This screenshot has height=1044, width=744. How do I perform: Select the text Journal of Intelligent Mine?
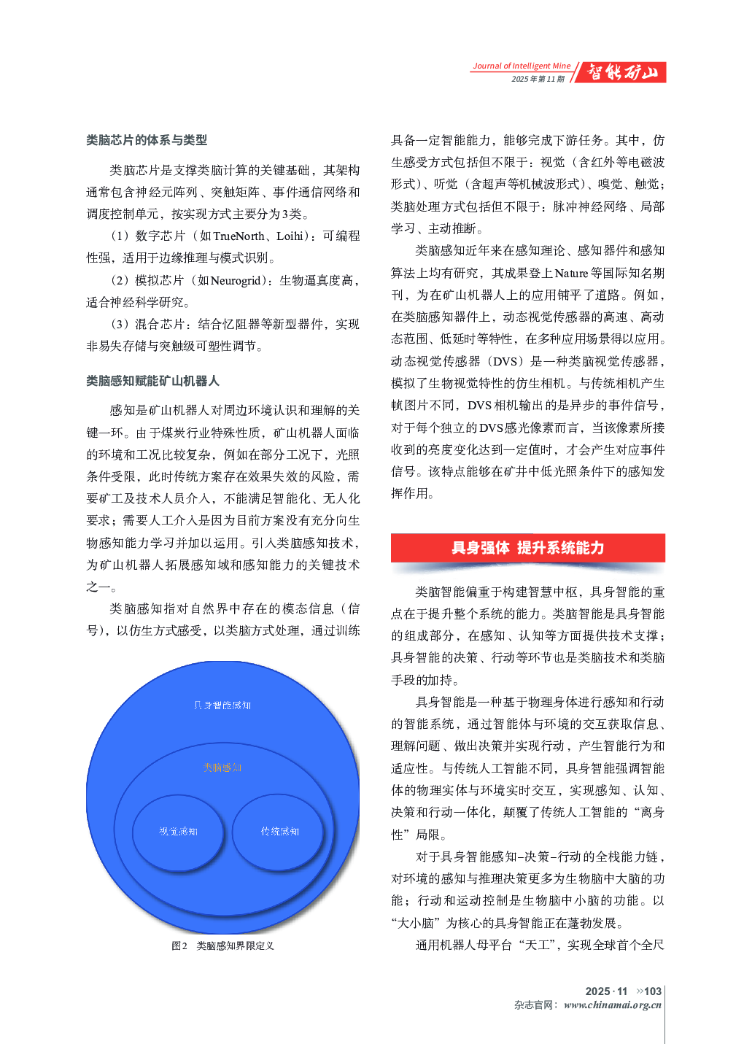coord(522,66)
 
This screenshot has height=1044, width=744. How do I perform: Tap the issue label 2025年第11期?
coord(538,79)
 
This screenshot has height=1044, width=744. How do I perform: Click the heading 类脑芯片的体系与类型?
coord(147,140)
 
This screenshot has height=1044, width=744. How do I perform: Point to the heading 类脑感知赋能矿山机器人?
coord(152,381)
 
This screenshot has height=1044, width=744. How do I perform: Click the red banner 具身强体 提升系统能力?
coord(527,548)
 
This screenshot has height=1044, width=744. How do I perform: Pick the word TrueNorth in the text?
coord(239,236)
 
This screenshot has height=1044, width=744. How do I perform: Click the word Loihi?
coord(290,236)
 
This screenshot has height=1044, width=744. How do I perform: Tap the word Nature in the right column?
coord(571,273)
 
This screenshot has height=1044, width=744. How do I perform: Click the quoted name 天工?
coord(538,945)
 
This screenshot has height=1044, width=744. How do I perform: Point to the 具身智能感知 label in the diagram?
coord(222,705)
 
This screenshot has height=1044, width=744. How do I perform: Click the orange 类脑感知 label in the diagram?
coord(222,767)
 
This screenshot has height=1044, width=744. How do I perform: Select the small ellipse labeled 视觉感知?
coord(178,832)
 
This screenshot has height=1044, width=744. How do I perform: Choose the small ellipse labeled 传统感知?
coord(279,832)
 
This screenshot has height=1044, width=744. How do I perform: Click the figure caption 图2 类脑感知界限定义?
coord(222,946)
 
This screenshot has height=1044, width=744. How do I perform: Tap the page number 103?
coord(653,991)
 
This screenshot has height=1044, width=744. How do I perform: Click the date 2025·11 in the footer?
coord(606,991)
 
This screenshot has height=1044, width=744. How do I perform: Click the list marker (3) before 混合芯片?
coord(120,324)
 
